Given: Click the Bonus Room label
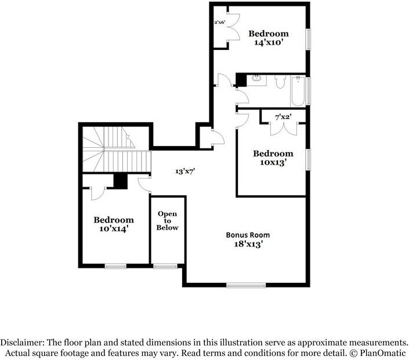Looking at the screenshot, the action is [x=248, y=235].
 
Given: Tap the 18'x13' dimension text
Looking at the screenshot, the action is [x=248, y=244].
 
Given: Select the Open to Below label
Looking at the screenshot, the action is [x=168, y=221].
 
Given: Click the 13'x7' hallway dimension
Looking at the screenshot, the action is [x=185, y=171].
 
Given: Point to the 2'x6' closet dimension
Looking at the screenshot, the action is [x=220, y=23].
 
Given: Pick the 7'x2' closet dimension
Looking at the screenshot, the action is [x=283, y=117].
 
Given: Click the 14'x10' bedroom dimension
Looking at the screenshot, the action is [x=269, y=42].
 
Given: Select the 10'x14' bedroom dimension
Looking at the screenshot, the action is [x=114, y=229].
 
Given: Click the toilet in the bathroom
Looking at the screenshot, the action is [x=280, y=82].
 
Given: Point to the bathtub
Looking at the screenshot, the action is [x=298, y=91].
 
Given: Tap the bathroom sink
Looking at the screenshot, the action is [x=256, y=80].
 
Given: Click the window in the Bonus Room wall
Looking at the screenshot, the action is [x=246, y=285].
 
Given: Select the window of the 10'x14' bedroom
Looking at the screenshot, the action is [x=115, y=266].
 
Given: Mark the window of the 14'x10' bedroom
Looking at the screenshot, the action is [x=308, y=39].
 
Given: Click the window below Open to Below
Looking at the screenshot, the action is [x=165, y=266].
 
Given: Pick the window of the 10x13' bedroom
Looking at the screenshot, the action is [x=308, y=159].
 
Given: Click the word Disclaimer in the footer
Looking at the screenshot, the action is [x=23, y=342].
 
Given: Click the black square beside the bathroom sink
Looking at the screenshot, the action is [x=241, y=80].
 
